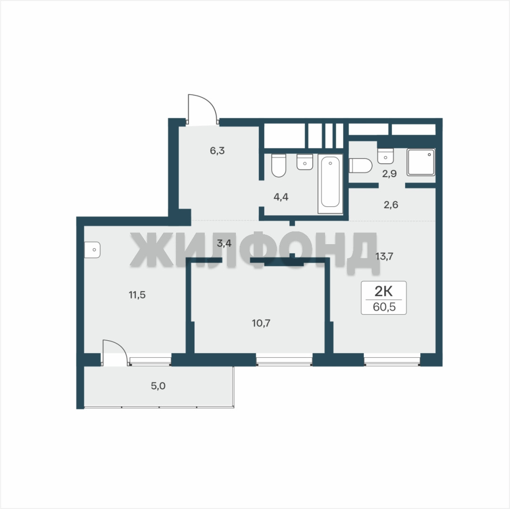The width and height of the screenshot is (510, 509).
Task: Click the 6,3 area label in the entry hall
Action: (x=217, y=151)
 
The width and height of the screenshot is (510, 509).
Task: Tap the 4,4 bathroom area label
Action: (x=281, y=197)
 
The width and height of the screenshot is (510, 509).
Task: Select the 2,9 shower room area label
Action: (x=389, y=174)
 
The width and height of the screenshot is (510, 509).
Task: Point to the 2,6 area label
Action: (x=391, y=205)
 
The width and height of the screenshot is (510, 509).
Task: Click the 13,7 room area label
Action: (x=384, y=256)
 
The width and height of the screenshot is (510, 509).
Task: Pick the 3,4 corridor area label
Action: (x=224, y=243)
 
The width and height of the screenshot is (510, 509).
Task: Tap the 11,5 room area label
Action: (x=137, y=295)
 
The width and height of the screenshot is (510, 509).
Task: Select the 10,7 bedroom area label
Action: (x=261, y=323)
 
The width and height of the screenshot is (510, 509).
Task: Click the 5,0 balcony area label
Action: (x=158, y=386)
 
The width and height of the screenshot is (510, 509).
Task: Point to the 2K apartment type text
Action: (x=384, y=291)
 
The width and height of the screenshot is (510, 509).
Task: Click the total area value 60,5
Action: (x=384, y=307)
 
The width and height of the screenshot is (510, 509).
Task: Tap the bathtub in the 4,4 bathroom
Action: (x=330, y=183)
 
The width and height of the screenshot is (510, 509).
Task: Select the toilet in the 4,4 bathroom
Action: (x=278, y=165)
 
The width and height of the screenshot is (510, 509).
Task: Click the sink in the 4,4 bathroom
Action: (x=305, y=162)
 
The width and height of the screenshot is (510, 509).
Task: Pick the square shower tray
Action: (x=421, y=163)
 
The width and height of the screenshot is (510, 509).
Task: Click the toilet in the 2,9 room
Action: (x=360, y=165)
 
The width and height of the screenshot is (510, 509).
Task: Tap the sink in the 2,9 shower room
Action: (x=385, y=156)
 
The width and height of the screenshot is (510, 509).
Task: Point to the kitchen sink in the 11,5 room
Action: (x=92, y=250)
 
